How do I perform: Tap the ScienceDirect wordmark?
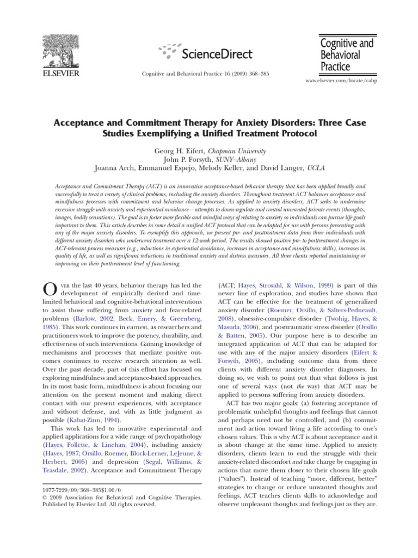(x=216, y=53)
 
